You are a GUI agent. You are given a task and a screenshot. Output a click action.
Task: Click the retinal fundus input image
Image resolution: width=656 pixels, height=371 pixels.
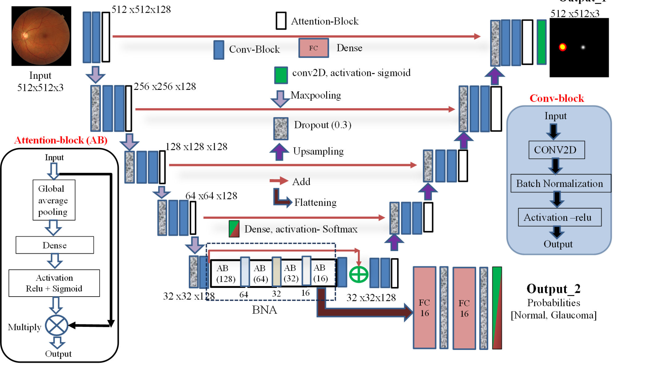41,36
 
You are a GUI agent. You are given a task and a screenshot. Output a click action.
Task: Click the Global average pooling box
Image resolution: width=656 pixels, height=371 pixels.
54,200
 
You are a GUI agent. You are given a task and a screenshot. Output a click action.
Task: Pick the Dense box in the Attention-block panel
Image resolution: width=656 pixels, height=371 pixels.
55,245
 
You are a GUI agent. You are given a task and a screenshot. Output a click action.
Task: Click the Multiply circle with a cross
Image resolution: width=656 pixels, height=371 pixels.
56,326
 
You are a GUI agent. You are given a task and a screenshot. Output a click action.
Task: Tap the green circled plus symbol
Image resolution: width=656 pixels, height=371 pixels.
359,274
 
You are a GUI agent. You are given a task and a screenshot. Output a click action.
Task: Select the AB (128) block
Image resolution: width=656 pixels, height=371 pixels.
226,273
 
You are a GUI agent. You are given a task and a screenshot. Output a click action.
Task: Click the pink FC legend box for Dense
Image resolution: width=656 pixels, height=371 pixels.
313,48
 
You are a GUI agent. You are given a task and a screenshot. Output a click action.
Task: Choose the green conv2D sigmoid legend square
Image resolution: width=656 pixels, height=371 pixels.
281,75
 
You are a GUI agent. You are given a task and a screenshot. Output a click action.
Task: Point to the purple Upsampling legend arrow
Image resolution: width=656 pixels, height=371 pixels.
279,152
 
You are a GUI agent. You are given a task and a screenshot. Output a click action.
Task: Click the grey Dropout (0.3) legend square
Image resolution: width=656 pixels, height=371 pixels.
281,128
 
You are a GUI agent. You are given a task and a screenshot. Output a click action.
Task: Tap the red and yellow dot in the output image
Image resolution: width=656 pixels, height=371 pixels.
562,47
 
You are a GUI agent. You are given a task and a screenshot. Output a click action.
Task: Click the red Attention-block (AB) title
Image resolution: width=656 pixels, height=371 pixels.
61,140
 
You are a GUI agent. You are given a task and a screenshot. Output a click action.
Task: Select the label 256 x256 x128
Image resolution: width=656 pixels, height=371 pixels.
165,86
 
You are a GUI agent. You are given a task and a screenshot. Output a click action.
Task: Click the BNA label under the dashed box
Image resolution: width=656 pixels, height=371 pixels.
264,310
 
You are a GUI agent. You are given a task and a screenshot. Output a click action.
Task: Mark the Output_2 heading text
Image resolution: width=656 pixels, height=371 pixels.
553,289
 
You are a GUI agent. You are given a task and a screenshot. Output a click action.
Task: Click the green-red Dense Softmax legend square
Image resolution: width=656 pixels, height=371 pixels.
234,229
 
